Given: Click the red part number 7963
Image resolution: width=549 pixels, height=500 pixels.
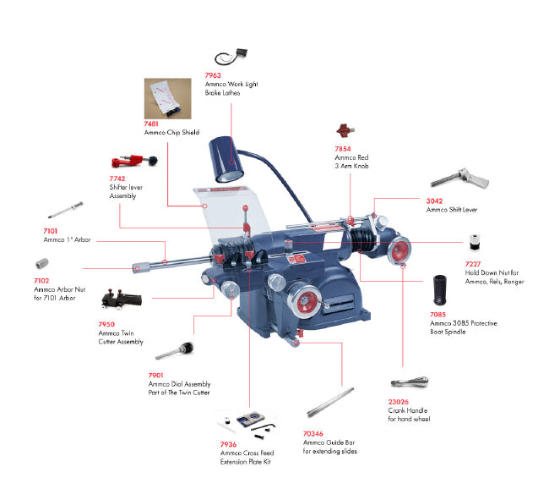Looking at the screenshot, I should click(x=213, y=75).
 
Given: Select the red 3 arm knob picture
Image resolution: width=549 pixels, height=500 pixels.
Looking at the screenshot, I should click(x=342, y=131).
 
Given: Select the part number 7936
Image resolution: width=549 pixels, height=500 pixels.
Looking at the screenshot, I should click(x=228, y=444).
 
